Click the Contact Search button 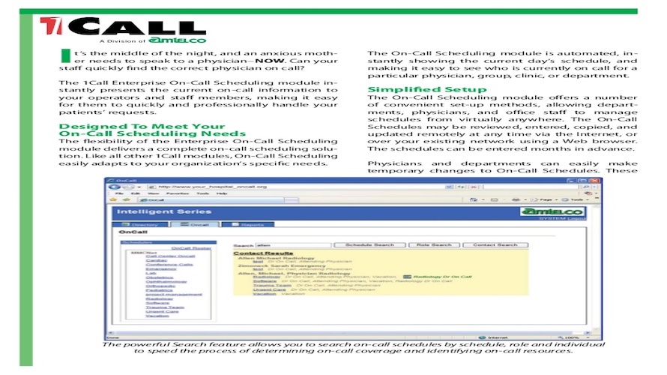(x=495, y=244)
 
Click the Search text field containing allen (x=292, y=244)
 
